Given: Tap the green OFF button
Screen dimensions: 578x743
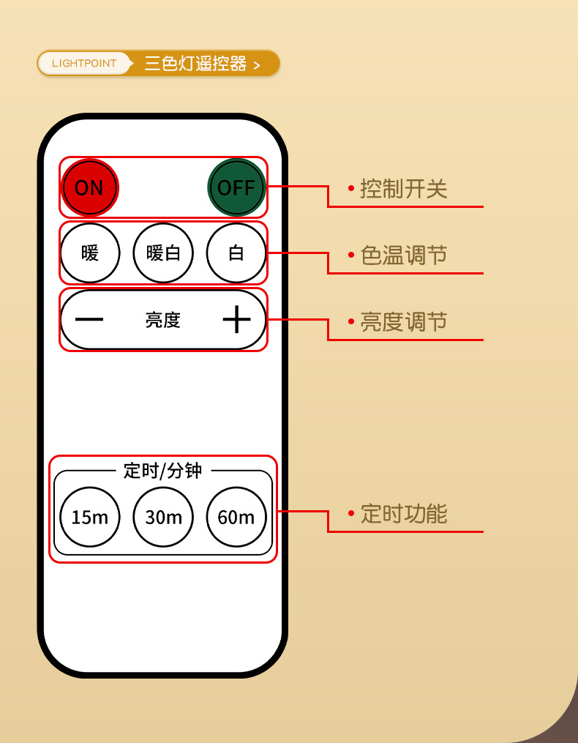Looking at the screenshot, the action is click(x=236, y=187).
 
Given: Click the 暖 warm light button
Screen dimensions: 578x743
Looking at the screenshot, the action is click(x=90, y=253).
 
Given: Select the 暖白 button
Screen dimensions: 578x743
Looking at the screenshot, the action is click(x=163, y=253).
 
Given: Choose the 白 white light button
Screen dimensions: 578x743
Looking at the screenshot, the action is click(x=236, y=253).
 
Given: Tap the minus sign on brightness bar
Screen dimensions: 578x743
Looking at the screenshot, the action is click(x=89, y=320).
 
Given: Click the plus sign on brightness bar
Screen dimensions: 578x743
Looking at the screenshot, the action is click(x=236, y=320).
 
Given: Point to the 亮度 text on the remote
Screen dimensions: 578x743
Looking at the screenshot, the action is click(x=163, y=320).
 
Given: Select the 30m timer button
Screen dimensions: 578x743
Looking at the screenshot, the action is click(x=163, y=517).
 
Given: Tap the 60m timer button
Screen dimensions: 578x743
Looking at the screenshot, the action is click(x=236, y=517).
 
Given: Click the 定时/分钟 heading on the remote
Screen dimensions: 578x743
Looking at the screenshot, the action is click(x=162, y=470).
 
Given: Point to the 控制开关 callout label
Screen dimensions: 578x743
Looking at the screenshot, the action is click(x=404, y=189).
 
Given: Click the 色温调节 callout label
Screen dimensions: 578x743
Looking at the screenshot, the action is click(x=404, y=255).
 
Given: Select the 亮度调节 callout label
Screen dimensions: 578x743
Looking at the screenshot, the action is click(x=404, y=322).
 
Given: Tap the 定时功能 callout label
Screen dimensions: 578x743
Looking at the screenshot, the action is click(x=404, y=514).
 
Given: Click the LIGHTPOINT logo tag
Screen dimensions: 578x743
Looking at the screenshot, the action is click(x=84, y=64).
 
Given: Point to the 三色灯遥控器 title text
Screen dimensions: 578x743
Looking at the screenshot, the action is click(x=195, y=64).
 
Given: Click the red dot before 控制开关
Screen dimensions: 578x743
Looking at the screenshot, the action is click(x=351, y=189).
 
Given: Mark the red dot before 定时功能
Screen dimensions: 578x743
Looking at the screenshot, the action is click(x=351, y=514).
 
